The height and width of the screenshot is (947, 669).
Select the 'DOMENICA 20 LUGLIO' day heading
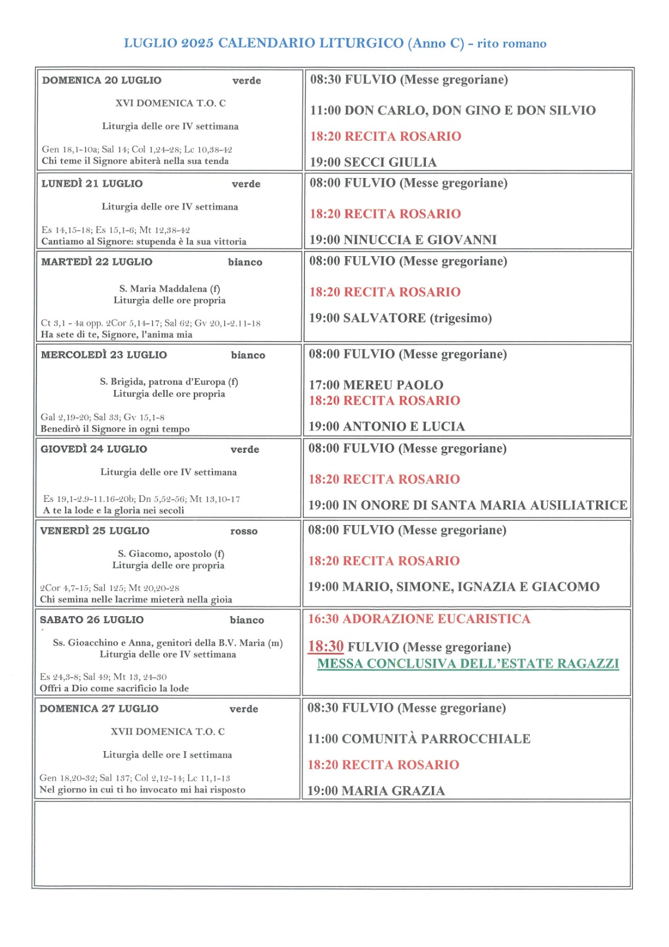102,80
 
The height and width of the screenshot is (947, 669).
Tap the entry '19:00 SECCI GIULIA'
373,162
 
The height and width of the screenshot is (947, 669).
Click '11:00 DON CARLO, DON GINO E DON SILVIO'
453,110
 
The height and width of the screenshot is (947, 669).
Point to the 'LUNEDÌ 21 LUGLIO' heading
92,183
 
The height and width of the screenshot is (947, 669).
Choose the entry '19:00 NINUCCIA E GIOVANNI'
403,240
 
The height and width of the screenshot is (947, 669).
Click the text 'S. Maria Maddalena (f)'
169,289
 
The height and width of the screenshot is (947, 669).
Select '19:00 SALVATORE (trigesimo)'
400,318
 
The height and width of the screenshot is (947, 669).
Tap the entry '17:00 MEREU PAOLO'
376,385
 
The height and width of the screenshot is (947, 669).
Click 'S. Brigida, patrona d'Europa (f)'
169,382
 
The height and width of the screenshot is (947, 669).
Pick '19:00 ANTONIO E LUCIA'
387,426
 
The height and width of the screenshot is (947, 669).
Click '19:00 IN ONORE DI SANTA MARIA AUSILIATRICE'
468,505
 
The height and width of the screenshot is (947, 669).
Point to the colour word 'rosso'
244,532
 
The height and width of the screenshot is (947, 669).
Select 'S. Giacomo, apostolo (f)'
171,554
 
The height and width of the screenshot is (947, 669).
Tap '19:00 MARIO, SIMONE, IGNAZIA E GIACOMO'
454,587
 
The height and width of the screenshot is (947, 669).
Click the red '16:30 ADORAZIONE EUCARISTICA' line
419,619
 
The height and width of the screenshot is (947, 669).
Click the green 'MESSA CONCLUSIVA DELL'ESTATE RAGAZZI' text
468,663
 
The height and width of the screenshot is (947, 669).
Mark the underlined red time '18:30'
325,646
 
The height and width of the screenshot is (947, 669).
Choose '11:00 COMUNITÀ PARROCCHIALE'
419,739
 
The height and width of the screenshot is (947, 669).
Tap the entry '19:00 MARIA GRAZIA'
376,791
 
